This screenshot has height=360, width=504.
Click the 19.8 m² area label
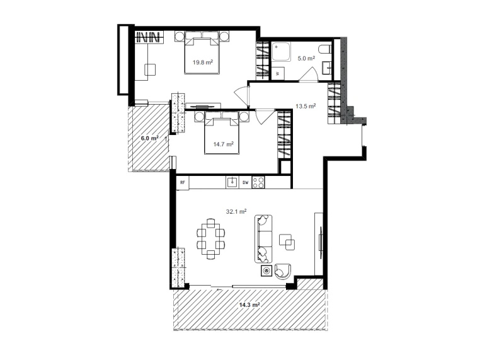tap(202, 62)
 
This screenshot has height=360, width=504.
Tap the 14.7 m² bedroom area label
tap(224, 144)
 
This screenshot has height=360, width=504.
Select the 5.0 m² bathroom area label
tap(306, 58)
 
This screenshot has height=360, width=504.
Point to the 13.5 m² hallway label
tap(306, 106)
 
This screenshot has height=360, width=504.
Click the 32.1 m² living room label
tap(236, 211)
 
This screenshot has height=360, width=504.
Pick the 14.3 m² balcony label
tap(249, 305)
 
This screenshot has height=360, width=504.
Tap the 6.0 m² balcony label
tap(150, 138)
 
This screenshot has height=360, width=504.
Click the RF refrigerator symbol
tap(183, 182)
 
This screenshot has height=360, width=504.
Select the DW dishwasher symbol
tap(246, 182)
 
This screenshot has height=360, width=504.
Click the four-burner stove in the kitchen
tap(258, 182)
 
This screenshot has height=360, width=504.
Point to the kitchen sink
tap(232, 182)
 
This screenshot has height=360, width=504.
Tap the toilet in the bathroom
tap(325, 50)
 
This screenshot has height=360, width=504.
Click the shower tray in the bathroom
tap(280, 52)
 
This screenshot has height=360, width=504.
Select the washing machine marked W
tap(278, 73)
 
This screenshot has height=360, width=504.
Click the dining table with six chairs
tap(211, 239)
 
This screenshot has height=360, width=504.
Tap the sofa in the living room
tap(263, 239)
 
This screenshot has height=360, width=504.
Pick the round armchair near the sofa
tap(282, 272)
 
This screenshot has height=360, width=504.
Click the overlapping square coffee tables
tap(287, 242)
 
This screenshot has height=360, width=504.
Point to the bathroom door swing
tap(309, 74)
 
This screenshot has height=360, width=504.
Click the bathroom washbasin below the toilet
tap(326, 68)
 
